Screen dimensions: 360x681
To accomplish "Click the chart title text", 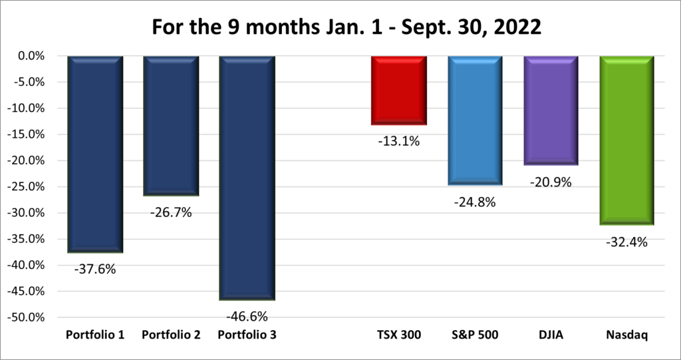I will click(x=340, y=29).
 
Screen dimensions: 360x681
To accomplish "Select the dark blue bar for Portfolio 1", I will click(x=95, y=154).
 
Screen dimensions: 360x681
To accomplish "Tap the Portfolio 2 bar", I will click(x=171, y=126).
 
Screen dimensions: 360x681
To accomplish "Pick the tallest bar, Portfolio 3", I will click(x=247, y=178).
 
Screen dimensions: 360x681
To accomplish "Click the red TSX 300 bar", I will click(x=399, y=90).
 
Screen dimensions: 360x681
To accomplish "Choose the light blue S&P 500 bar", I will click(x=475, y=120).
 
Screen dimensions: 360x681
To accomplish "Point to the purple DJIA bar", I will click(x=551, y=110).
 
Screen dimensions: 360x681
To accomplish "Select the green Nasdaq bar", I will click(x=627, y=140).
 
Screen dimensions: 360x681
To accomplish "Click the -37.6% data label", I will click(x=95, y=270).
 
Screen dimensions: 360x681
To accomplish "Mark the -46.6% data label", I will click(x=247, y=316).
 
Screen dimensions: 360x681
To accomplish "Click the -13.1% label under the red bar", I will click(x=399, y=141).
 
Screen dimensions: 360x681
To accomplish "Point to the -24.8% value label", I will click(x=475, y=202).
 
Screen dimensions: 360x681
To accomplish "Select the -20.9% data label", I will click(x=551, y=182).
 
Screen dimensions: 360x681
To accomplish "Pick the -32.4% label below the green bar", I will click(x=627, y=242).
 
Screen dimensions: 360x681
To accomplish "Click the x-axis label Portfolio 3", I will click(x=247, y=335).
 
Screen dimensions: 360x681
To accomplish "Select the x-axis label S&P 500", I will click(x=475, y=335).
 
